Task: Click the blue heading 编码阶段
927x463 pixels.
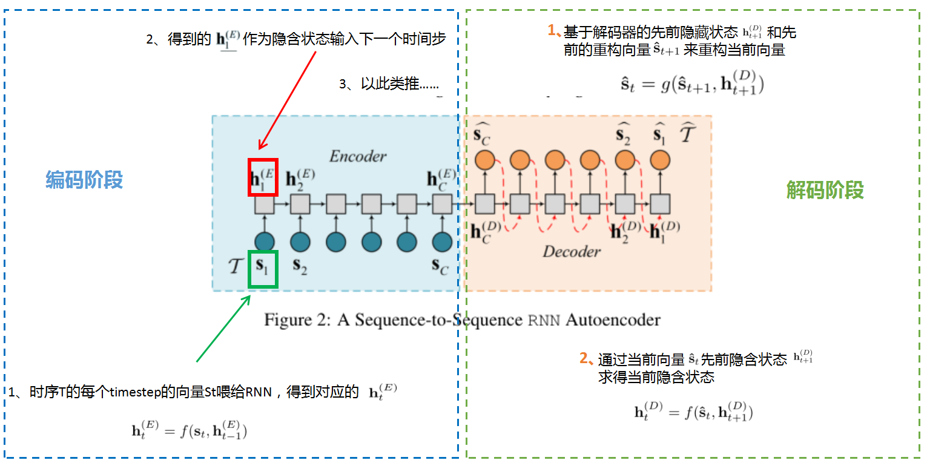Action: pos(84,180)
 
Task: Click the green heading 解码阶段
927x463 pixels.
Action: pos(825,190)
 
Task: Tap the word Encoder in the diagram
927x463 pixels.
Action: pos(357,156)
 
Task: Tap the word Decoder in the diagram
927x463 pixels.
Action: pos(571,251)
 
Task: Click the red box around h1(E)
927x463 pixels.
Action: pos(263,177)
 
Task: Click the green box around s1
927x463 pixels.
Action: pos(263,269)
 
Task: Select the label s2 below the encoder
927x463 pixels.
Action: pos(300,265)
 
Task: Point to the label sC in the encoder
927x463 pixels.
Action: pos(440,265)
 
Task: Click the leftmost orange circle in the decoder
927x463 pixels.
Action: pos(484,160)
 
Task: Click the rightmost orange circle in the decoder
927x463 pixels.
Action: pos(660,160)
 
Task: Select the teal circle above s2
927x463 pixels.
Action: pos(300,241)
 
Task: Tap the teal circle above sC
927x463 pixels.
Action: pos(442,241)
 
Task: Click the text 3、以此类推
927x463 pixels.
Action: pos(389,84)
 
